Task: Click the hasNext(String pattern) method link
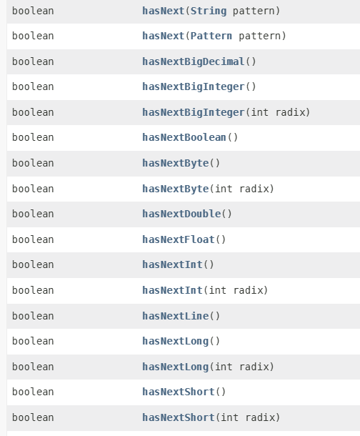click(x=164, y=11)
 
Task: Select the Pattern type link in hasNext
click(x=211, y=36)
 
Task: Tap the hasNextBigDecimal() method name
click(x=194, y=61)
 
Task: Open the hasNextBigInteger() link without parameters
click(x=194, y=86)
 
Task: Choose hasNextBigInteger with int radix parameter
click(x=194, y=112)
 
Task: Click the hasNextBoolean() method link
click(x=184, y=137)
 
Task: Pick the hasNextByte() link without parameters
click(x=175, y=163)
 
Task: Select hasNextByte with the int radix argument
click(x=175, y=189)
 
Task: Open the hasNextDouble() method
click(x=181, y=214)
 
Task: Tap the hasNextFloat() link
click(x=179, y=239)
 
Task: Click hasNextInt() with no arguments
click(x=172, y=264)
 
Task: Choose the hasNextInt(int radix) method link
click(x=172, y=290)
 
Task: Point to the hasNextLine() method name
click(x=175, y=316)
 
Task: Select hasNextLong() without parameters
click(x=175, y=341)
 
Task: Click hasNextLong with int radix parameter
click(x=175, y=367)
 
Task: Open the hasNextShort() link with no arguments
click(x=179, y=392)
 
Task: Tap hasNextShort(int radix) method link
click(x=179, y=417)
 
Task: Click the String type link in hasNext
click(x=209, y=11)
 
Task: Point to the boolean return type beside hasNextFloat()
click(x=33, y=239)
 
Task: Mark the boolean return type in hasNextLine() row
click(x=33, y=316)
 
